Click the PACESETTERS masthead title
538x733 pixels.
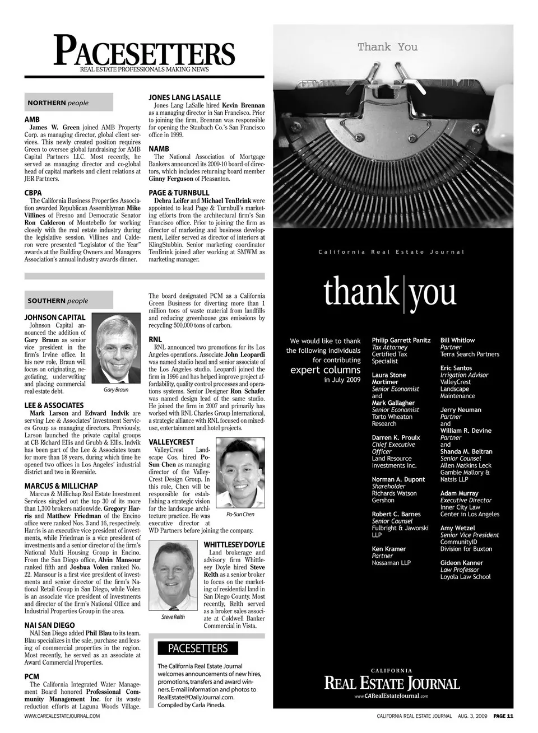pos(145,51)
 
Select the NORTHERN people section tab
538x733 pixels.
pos(69,102)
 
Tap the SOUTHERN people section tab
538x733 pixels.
pos(69,301)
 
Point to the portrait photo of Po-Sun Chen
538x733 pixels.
pos(239,473)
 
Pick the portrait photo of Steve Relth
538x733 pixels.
pos(173,577)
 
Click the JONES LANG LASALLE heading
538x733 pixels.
pos(184,97)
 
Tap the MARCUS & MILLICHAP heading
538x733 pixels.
pos(61,486)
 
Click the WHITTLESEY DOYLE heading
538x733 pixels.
pos(234,545)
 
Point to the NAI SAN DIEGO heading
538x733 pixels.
pos(50,625)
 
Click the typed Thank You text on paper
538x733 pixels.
pos(387,47)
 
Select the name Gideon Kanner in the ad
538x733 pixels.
pos(461,563)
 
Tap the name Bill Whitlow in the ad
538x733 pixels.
pos(457,340)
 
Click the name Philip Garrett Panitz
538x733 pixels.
pos(401,340)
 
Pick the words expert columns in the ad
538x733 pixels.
pos(325,370)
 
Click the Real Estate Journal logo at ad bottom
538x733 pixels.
pos(392,683)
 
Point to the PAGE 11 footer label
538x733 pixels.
pos(503,716)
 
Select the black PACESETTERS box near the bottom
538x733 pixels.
pos(198,648)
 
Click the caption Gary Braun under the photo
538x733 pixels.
pos(116,390)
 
